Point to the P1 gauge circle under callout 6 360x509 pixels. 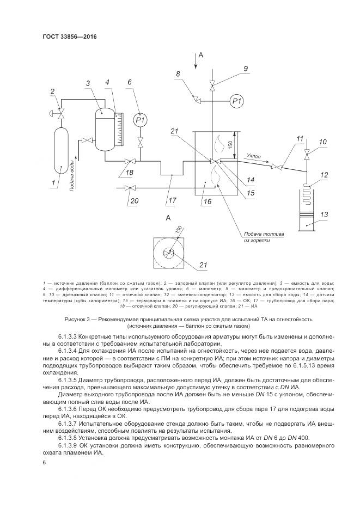click(x=141, y=120)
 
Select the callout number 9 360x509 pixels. click(x=246, y=68)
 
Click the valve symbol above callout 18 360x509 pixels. click(x=130, y=161)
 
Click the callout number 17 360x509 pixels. click(x=173, y=199)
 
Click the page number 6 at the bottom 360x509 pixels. click(x=44, y=462)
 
